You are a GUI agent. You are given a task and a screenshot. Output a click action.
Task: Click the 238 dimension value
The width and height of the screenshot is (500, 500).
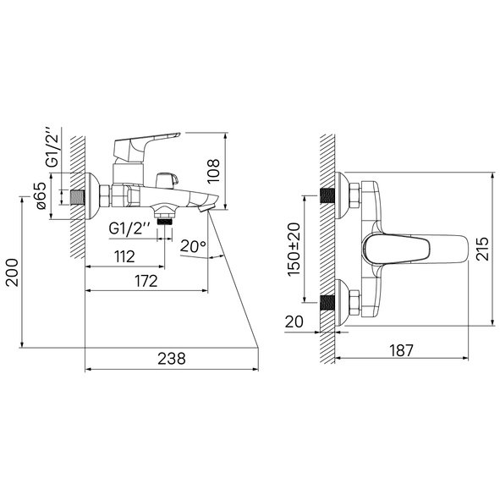pos(172,359)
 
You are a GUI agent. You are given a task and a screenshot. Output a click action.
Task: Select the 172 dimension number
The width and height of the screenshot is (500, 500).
pos(146,281)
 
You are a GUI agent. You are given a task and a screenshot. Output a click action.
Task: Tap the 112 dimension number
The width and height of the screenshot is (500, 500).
pos(124,256)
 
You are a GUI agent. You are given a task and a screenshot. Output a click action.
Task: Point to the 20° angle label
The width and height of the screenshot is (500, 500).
pos(193,246)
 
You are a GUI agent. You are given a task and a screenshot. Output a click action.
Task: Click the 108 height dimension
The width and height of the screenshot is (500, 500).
pos(213,171)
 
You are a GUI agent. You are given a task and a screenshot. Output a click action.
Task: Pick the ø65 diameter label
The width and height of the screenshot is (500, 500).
pos(41,195)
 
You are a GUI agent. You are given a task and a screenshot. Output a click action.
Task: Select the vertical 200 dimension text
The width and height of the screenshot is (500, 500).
pos(13,272)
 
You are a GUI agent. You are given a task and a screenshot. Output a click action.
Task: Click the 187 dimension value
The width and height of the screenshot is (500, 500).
pos(402,350)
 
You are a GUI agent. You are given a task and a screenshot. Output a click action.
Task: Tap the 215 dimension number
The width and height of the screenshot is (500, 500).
pos(482,249)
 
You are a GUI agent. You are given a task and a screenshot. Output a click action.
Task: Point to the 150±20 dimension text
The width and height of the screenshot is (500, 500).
pos(294,250)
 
